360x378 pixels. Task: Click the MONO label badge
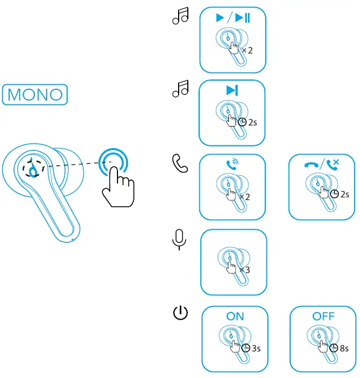tap(35, 94)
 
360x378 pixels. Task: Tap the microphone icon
tap(179, 240)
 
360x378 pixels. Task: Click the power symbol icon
tap(180, 313)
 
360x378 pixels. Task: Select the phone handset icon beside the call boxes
tap(179, 164)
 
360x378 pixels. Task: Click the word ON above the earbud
tap(235, 316)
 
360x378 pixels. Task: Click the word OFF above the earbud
tap(324, 316)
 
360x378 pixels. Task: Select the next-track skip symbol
tap(232, 90)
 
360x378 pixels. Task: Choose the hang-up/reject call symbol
tap(322, 162)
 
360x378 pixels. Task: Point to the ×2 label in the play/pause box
tap(247, 50)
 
